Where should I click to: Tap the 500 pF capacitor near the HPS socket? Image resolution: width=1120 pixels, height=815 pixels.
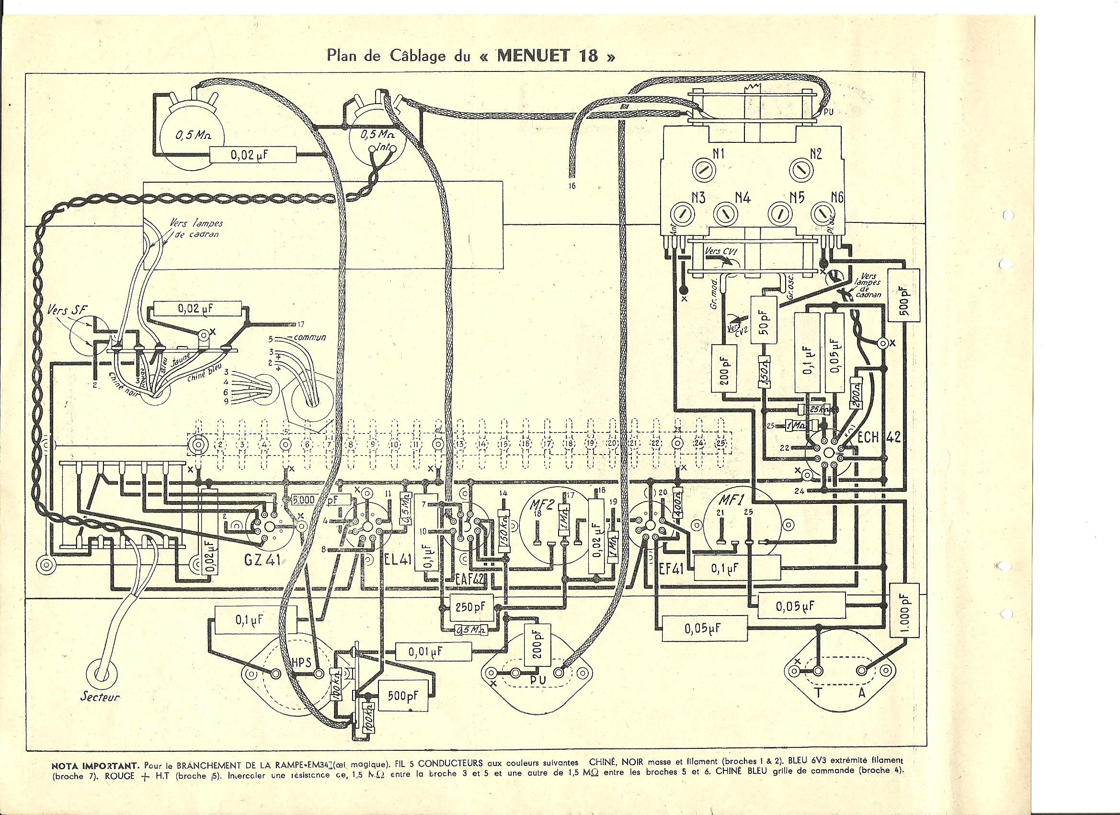404,696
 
